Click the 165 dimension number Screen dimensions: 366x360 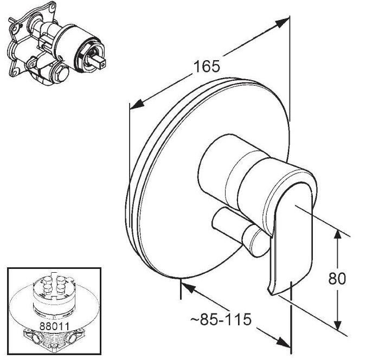(x=207, y=66)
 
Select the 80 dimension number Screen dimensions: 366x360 (x=337, y=278)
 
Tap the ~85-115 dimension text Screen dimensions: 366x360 (x=221, y=319)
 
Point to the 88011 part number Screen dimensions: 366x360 (x=54, y=326)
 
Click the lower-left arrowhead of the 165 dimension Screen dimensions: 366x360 (x=137, y=104)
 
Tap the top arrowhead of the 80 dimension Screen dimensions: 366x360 (x=336, y=234)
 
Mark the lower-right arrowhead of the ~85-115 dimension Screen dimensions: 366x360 (x=283, y=342)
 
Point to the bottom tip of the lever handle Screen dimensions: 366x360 (x=271, y=294)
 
